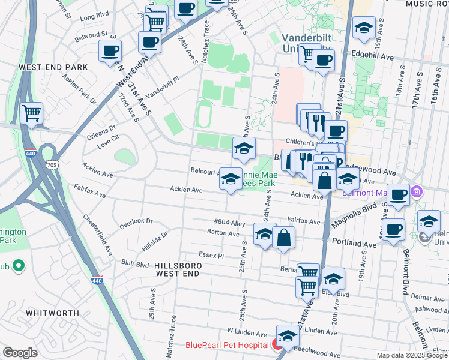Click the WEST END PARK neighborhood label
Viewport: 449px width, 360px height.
click(53, 67)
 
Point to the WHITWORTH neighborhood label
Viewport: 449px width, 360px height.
click(53, 313)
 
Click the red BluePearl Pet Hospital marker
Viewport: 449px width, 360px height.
click(277, 344)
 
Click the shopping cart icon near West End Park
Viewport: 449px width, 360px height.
click(31, 113)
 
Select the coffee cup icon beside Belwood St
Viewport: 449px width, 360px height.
click(110, 52)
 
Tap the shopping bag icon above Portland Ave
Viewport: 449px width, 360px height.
click(283, 237)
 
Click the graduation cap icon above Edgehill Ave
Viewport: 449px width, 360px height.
click(363, 28)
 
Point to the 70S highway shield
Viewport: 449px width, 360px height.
click(52, 164)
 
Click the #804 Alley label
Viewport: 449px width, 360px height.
click(229, 223)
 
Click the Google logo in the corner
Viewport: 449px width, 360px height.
click(20, 353)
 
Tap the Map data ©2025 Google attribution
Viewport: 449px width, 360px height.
click(412, 355)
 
